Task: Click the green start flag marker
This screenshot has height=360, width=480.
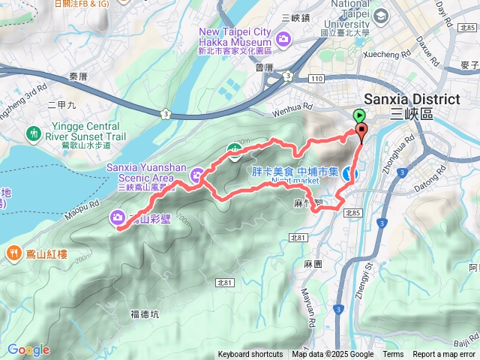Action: coord(358,115)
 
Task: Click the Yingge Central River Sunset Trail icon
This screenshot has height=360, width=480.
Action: coord(33,133)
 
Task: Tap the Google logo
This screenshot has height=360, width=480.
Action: coord(28,349)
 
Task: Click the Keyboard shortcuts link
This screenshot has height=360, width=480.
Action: coord(250,355)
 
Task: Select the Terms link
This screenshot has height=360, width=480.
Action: coord(393,355)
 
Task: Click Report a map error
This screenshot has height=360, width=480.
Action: coord(444,355)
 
